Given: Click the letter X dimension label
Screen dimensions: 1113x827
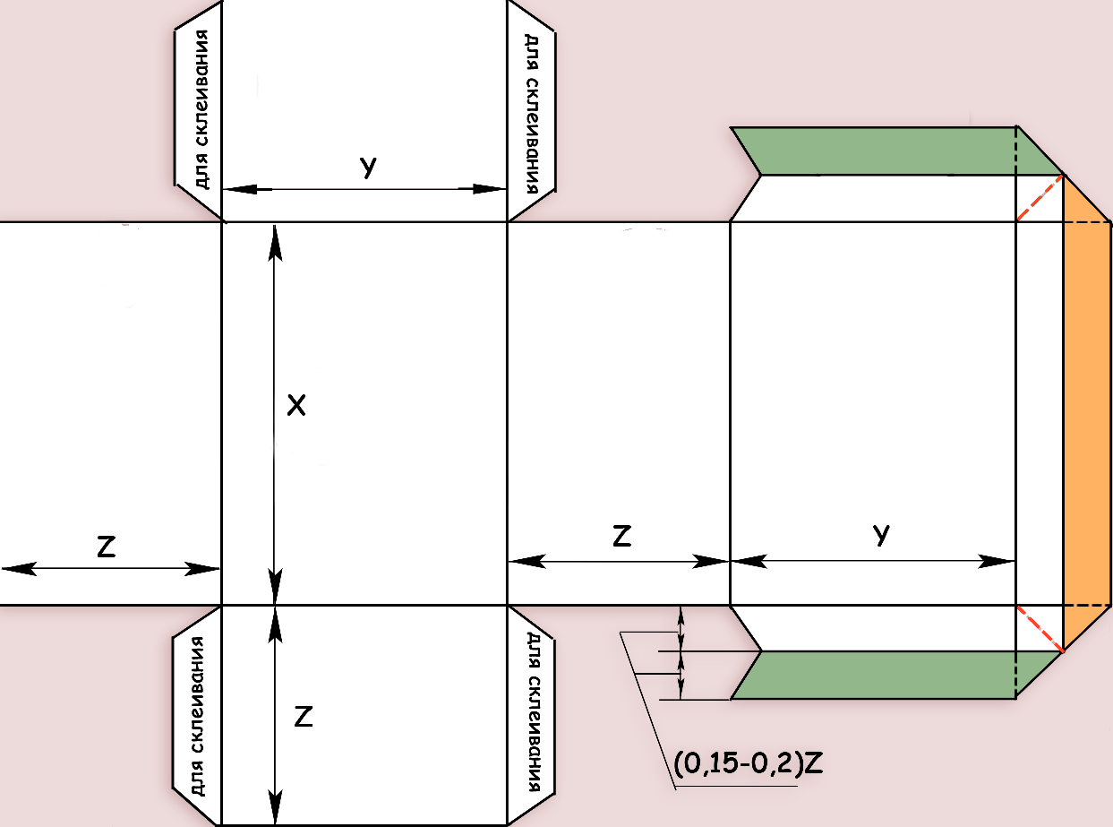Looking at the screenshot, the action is tap(296, 405).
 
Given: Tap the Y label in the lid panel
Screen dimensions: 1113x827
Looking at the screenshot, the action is tap(881, 534).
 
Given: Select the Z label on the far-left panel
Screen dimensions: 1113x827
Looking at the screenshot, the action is tap(107, 547).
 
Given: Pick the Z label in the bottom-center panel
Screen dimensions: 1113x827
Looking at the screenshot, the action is tap(303, 717).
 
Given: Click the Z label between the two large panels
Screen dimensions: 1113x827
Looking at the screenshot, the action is tap(621, 536).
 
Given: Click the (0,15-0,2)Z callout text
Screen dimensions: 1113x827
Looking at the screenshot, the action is tap(748, 763).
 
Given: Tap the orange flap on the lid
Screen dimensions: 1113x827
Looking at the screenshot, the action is tap(1087, 413).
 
